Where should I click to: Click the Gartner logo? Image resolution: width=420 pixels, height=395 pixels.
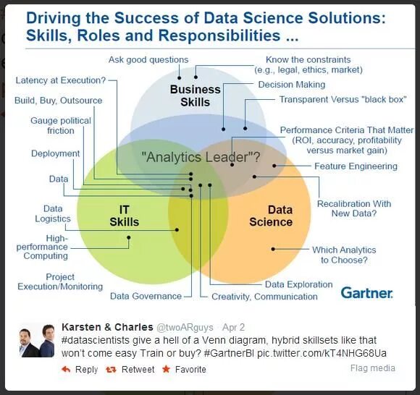point(366,292)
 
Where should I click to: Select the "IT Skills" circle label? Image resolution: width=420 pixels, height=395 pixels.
point(124,216)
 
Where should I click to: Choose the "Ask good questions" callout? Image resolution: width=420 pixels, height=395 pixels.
point(148,60)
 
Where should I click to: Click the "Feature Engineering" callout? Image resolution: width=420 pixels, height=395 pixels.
point(356,166)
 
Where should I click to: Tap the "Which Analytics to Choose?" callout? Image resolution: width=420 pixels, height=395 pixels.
point(344,255)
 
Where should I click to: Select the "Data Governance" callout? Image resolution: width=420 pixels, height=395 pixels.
point(146,296)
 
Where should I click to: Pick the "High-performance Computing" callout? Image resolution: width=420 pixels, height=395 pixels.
point(42,247)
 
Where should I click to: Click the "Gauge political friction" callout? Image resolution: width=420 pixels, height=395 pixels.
point(61,126)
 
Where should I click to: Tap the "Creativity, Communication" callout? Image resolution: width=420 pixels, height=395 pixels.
point(264,297)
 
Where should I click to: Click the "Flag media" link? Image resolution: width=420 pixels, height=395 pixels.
point(372,368)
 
